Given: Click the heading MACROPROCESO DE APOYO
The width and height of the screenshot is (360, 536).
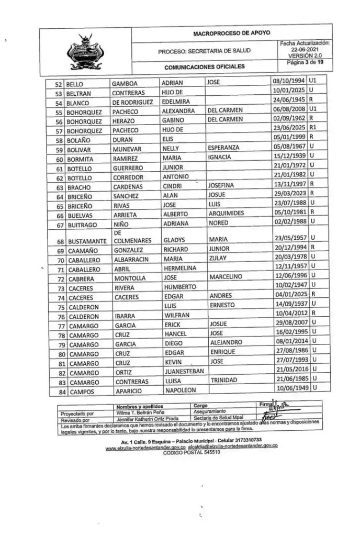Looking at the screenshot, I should point(231,33).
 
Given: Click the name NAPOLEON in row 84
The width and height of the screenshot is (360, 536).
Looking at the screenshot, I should point(179,390).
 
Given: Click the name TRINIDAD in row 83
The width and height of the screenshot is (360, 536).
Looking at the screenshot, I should point(224,381).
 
